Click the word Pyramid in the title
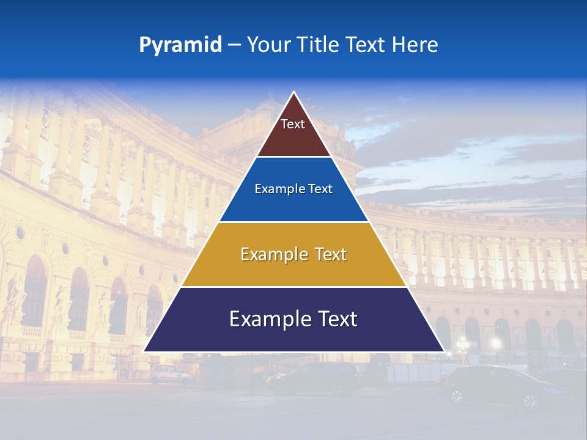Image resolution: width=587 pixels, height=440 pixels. tap(180, 45)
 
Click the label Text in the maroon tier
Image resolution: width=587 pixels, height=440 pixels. tap(293, 124)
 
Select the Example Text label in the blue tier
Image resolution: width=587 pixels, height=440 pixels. tap(293, 189)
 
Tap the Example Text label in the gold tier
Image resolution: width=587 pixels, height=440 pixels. tap(293, 254)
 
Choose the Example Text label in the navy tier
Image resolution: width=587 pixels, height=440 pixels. tap(293, 319)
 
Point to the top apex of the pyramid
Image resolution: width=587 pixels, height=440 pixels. tap(294, 92)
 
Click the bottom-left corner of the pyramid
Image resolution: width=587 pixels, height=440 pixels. tap(144, 351)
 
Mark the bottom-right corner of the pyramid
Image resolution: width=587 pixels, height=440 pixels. tap(444, 351)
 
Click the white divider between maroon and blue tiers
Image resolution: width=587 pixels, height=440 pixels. tap(293, 157)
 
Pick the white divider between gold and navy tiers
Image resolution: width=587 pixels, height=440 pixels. tap(293, 287)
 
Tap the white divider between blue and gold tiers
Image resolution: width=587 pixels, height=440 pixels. tap(293, 222)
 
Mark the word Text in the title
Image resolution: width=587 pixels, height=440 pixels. tap(365, 45)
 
